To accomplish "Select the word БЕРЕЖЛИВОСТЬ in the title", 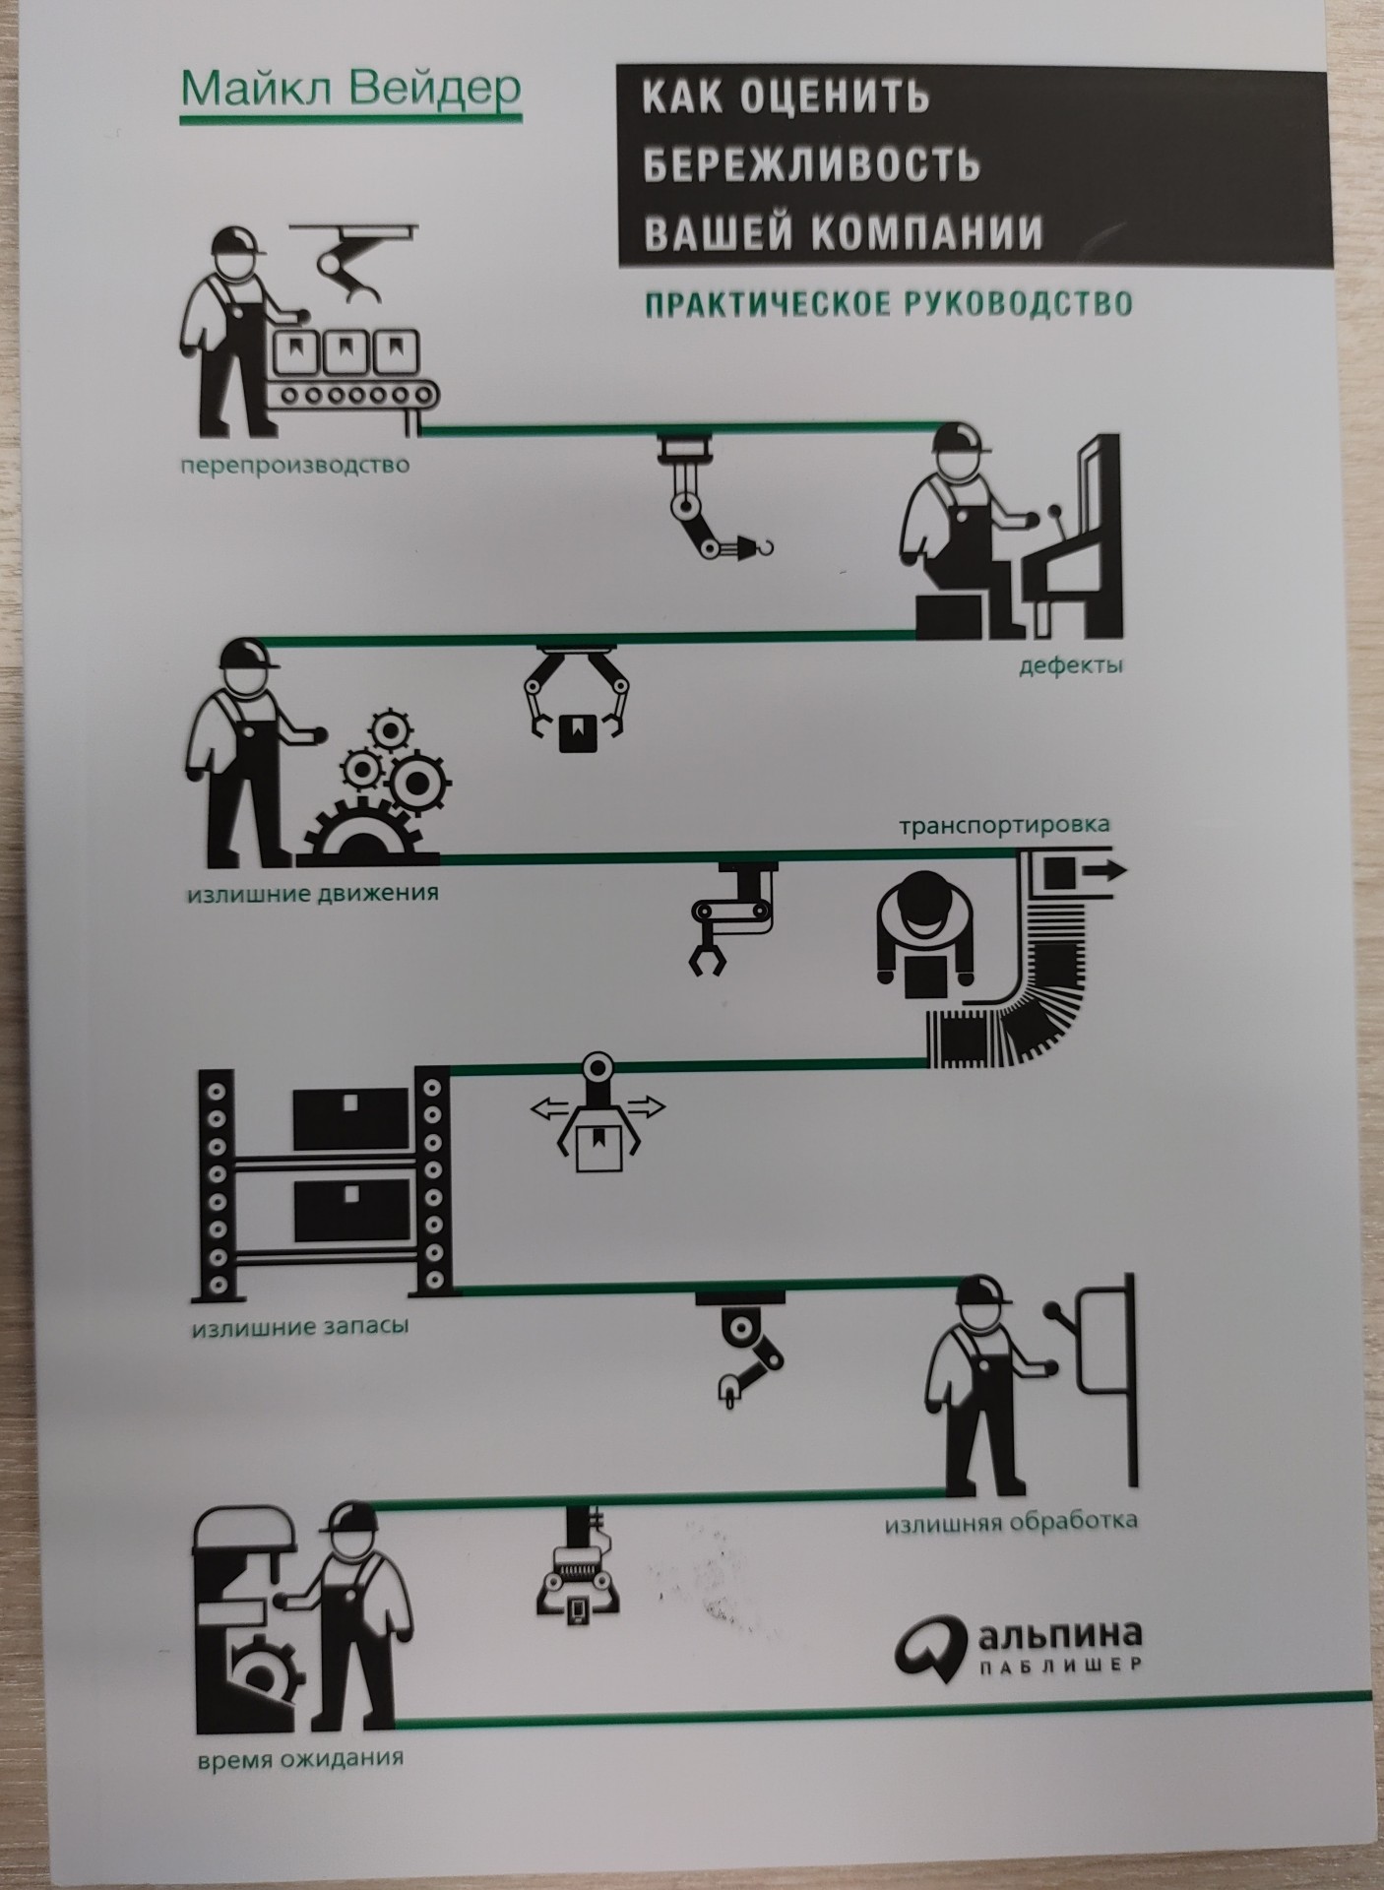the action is click(x=812, y=163).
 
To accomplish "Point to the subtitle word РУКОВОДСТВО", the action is click(x=1017, y=302).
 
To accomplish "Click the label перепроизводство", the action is click(x=294, y=464).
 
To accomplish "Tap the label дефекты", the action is click(x=1071, y=665).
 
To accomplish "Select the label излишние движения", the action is click(x=313, y=894).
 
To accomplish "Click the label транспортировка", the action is click(x=1004, y=824).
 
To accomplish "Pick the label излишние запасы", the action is click(x=299, y=1326).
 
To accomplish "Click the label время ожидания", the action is click(x=301, y=1756).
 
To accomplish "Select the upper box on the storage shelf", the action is click(x=350, y=1117).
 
